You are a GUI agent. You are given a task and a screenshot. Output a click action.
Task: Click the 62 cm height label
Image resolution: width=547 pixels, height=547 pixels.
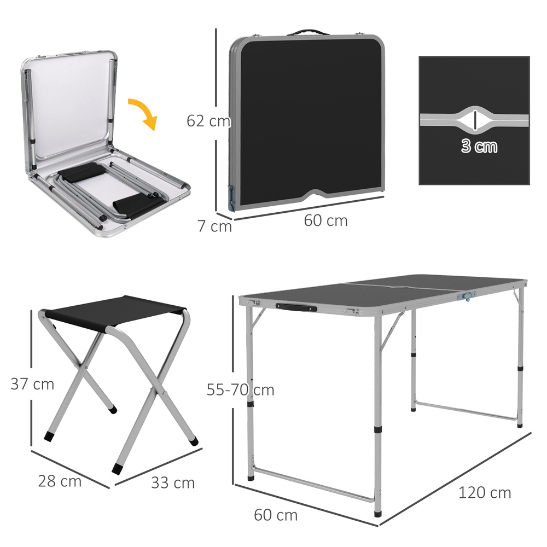[208, 121]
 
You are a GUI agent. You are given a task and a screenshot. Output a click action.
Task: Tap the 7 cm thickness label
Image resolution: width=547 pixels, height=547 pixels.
[214, 226]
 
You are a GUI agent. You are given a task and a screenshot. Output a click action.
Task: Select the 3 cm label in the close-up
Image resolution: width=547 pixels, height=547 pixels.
[479, 146]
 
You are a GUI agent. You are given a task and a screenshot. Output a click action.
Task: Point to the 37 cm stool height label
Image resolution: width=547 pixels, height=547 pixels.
[32, 384]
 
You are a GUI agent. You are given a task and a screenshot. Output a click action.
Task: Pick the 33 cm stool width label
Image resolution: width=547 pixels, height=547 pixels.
[172, 483]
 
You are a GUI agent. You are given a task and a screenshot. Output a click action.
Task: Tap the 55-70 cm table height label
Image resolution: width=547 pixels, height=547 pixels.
[240, 390]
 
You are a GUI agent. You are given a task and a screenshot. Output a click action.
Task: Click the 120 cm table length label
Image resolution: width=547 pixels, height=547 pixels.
[484, 492]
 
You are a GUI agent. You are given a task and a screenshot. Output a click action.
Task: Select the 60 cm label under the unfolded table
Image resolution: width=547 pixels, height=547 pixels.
[276, 515]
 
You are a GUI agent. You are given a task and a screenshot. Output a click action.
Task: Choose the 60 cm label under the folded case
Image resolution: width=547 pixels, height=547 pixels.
[325, 220]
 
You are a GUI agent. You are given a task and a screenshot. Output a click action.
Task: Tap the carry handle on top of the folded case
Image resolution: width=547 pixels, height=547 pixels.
[305, 32]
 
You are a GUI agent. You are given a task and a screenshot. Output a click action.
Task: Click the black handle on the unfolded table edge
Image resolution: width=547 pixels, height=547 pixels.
[296, 307]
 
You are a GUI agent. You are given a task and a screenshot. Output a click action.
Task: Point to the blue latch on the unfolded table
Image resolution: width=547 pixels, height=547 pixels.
[467, 295]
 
